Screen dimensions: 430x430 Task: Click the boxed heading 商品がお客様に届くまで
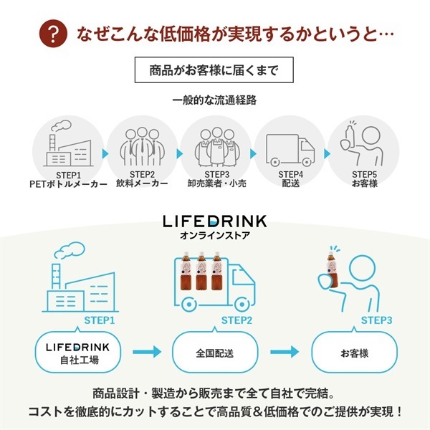214,70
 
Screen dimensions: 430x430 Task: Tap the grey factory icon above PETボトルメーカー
70,143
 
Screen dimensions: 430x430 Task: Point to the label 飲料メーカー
143,184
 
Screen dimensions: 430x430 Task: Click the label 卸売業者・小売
216,184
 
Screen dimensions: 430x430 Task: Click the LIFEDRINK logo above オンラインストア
215,221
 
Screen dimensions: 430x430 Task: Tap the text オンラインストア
215,235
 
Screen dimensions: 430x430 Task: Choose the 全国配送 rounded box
214,353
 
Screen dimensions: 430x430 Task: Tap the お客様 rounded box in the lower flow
354,353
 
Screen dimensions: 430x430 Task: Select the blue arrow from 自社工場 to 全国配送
143,353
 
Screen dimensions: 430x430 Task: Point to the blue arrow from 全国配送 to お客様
284,353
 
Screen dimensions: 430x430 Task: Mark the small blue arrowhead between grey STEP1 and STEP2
106,153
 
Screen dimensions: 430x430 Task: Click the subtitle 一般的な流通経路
214,100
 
